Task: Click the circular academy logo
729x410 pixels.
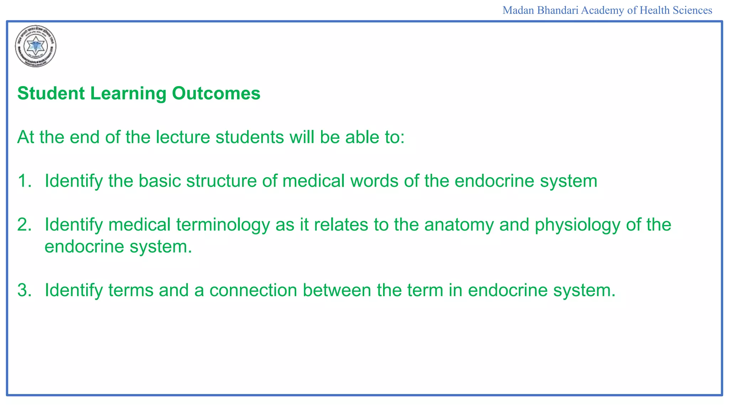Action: [36, 46]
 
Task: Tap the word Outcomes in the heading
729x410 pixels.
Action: [216, 94]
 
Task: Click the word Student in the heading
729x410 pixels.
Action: [51, 94]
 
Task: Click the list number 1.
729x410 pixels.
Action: [24, 181]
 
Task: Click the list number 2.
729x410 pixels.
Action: [24, 225]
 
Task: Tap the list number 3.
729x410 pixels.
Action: [24, 290]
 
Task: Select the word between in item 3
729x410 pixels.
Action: [337, 290]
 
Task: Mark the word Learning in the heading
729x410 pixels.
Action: [128, 94]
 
